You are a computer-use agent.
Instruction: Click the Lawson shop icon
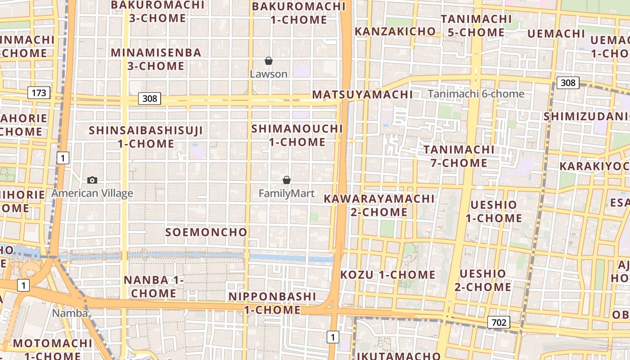[x=269, y=61]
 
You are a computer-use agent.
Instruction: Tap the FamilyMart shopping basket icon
[x=287, y=180]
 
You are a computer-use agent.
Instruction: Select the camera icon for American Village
[x=92, y=180]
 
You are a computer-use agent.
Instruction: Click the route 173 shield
[x=39, y=93]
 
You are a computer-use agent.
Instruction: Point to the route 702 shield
[x=499, y=322]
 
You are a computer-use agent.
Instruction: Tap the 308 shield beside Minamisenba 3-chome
[x=149, y=99]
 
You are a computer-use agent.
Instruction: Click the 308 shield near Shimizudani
[x=568, y=83]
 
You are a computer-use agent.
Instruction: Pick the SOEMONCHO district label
[x=206, y=232]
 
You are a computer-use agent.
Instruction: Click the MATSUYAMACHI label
[x=362, y=94]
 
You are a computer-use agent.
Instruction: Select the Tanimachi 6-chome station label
[x=476, y=94]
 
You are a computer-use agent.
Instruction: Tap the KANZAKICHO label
[x=395, y=31]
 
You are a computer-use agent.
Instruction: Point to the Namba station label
[x=70, y=313]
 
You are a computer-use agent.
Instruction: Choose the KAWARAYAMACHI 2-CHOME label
[x=379, y=205]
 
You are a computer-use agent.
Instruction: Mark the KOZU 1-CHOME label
[x=388, y=274]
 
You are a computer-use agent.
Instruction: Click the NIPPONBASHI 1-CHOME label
[x=272, y=303]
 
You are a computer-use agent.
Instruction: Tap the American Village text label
[x=92, y=193]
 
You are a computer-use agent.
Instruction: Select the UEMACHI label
[x=556, y=34]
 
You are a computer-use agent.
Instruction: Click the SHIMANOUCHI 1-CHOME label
[x=297, y=135]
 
